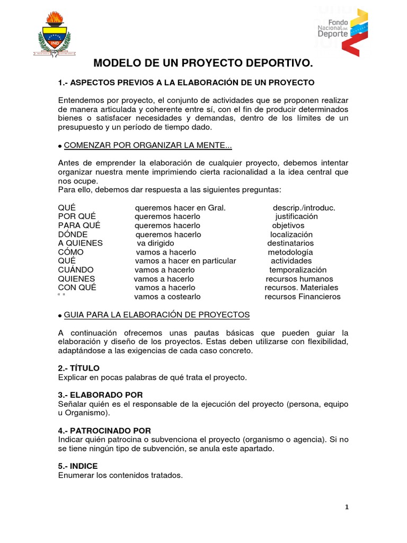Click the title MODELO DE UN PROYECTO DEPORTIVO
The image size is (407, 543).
click(x=203, y=64)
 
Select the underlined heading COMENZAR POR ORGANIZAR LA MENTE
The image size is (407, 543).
click(x=148, y=146)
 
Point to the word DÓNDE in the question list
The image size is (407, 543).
click(x=73, y=234)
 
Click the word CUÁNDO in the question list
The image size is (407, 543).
click(x=76, y=270)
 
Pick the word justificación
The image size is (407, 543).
click(x=297, y=216)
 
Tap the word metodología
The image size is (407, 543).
click(x=290, y=252)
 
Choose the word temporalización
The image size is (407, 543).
click(x=298, y=270)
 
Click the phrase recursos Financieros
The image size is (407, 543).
click(x=303, y=296)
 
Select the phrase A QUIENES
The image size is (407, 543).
click(x=80, y=243)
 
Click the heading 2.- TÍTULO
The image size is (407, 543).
click(x=78, y=368)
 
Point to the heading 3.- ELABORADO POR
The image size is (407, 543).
click(x=100, y=395)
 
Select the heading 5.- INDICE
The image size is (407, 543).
click(x=78, y=466)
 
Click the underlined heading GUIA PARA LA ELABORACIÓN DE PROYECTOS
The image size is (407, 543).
click(x=157, y=314)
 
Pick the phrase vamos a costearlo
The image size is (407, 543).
click(x=167, y=296)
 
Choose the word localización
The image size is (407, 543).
click(x=291, y=234)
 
